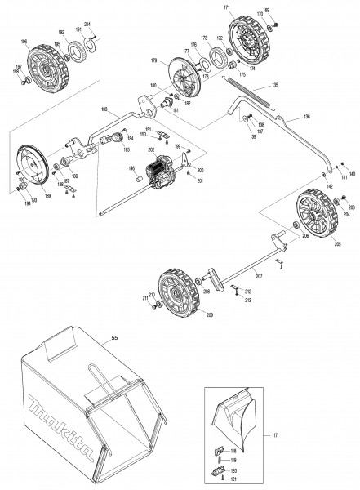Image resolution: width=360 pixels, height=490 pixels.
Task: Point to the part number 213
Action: pos(248,301)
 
